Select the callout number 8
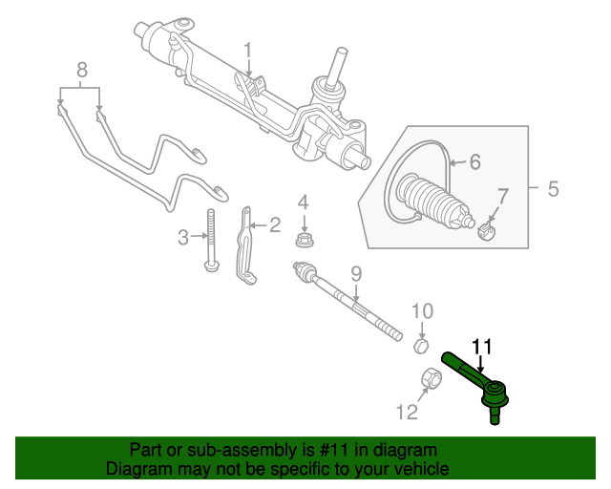82,71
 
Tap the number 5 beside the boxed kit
554,189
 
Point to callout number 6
474,161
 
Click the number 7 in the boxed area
503,196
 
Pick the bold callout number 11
482,347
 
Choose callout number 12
408,412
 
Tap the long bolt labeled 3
211,240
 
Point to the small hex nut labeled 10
421,346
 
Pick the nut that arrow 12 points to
432,378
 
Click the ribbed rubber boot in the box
434,201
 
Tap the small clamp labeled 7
486,231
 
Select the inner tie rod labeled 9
347,301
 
